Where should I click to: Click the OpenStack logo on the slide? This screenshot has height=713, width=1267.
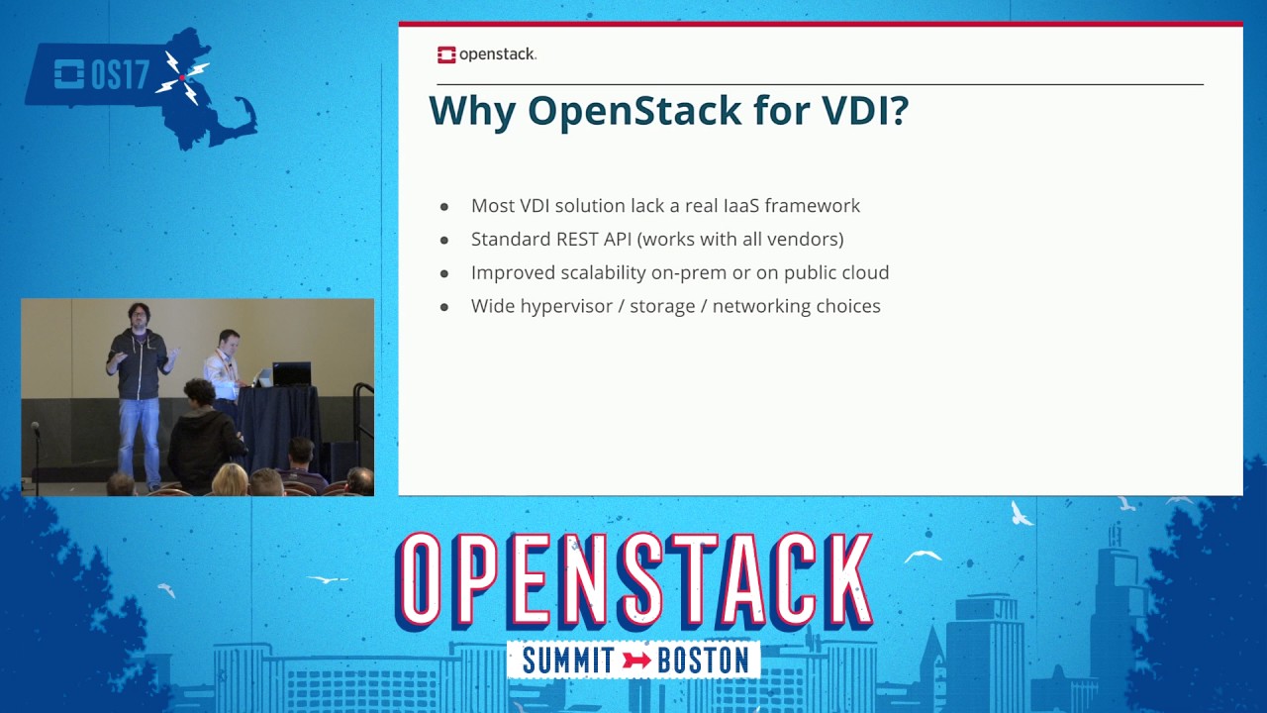[x=486, y=54]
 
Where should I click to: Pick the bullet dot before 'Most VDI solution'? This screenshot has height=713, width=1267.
[x=444, y=207]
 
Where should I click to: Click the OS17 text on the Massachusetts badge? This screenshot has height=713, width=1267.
[x=104, y=75]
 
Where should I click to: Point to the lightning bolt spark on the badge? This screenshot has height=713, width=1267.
[x=184, y=77]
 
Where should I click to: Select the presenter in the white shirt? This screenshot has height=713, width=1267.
[x=226, y=366]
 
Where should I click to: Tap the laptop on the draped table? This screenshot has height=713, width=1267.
[x=290, y=374]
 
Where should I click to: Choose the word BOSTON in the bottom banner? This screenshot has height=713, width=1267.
[x=705, y=661]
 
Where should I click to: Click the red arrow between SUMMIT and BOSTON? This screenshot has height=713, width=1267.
[x=635, y=661]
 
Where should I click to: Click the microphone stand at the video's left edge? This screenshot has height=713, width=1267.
[x=37, y=456]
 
